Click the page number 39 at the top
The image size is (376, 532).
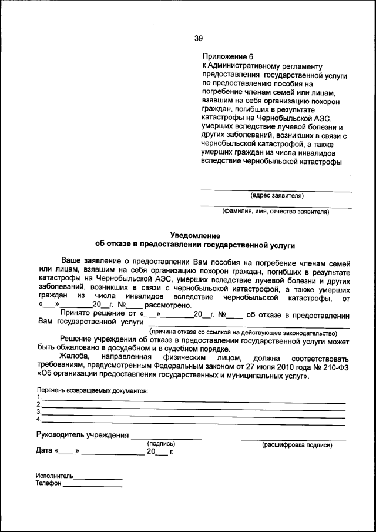(199, 38)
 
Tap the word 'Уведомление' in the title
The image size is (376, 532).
(195, 234)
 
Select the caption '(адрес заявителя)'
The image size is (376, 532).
(277, 195)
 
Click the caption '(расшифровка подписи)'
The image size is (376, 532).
(297, 445)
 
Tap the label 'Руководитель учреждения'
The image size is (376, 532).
(82, 435)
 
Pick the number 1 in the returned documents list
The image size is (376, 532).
(38, 398)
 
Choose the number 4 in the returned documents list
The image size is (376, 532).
(38, 419)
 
